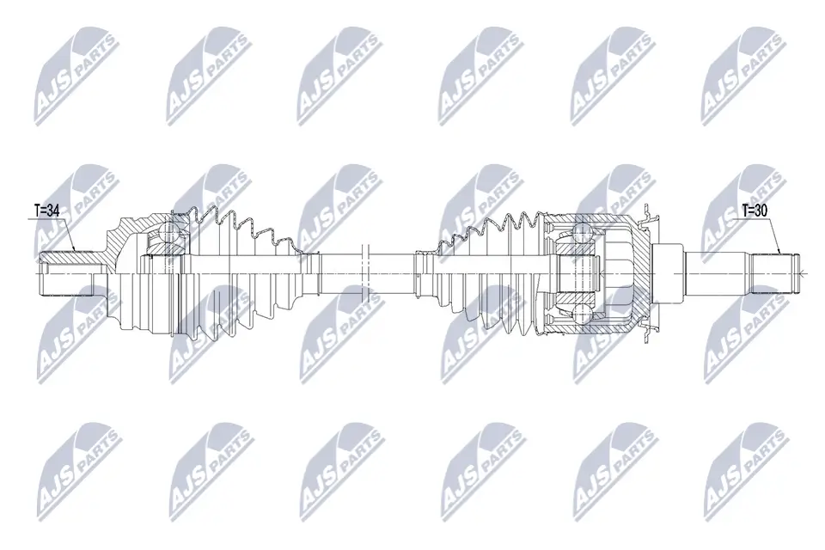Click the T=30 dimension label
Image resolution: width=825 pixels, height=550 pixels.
758,209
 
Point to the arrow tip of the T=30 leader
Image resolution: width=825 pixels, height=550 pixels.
780,254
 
